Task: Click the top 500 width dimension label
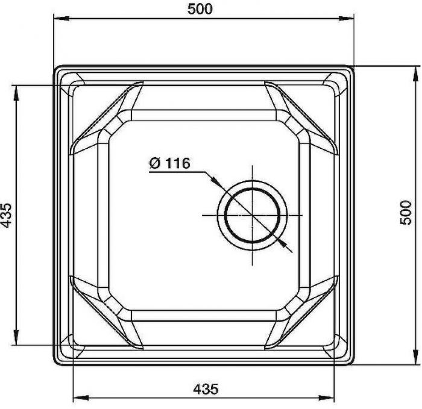pyautogui.click(x=200, y=9)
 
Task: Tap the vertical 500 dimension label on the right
pyautogui.click(x=406, y=213)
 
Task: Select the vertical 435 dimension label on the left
pyautogui.click(x=6, y=215)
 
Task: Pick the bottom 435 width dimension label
pyautogui.click(x=206, y=389)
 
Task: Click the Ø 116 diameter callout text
pyautogui.click(x=169, y=163)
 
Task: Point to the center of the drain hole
pyautogui.click(x=252, y=215)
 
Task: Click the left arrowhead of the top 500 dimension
pyautogui.click(x=61, y=18)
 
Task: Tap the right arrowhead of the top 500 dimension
pyautogui.click(x=346, y=18)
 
